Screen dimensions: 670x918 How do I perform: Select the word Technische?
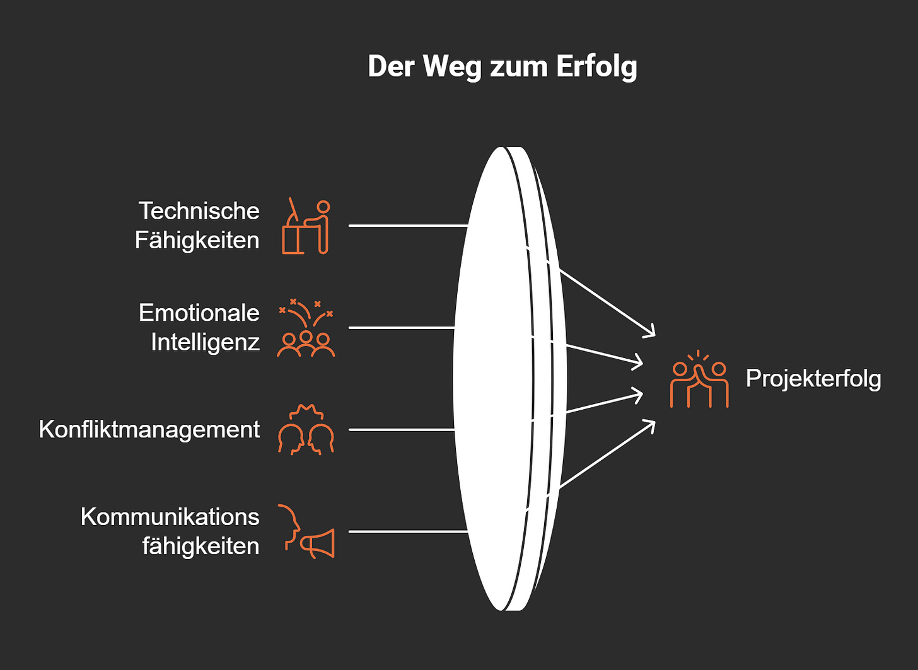coord(199,211)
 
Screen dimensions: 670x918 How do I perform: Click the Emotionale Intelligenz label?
coord(199,327)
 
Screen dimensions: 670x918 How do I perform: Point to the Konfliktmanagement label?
coord(149,429)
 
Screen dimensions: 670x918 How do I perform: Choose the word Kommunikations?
coord(170,517)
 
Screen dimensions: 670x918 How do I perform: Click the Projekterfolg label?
coord(813,378)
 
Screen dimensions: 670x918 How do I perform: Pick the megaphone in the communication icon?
coord(318,543)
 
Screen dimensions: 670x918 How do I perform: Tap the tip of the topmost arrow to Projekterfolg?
coord(654,335)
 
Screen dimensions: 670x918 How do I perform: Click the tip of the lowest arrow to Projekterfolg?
coord(654,421)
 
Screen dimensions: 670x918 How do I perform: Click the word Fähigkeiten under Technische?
coord(197,240)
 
